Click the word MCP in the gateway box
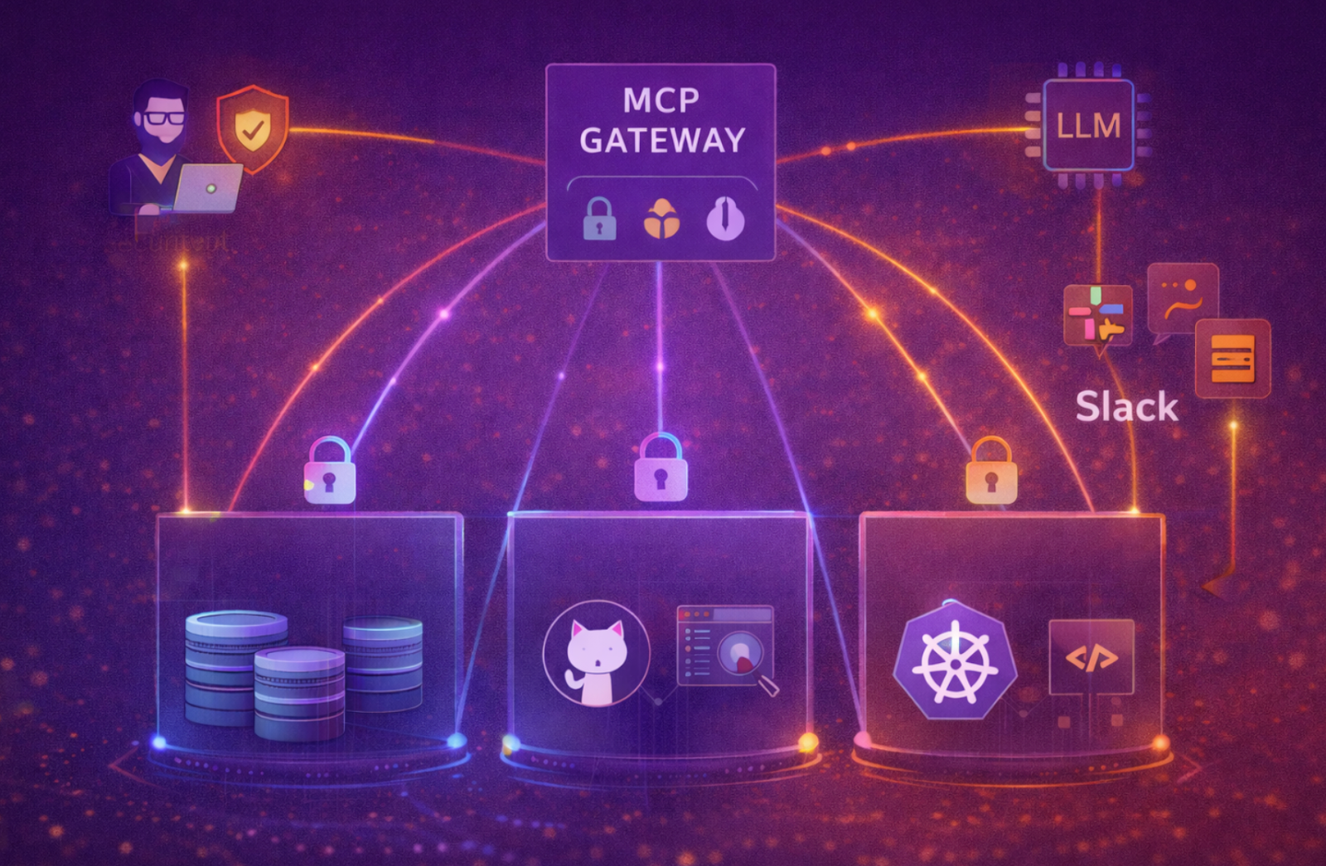click(x=661, y=101)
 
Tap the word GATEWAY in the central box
click(x=662, y=141)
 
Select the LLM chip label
click(x=1088, y=126)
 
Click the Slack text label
click(x=1126, y=407)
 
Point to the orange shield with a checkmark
click(x=253, y=128)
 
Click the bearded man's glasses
click(x=162, y=118)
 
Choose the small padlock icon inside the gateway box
click(x=599, y=220)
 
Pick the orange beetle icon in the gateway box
click(x=661, y=220)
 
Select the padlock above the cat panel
click(x=661, y=468)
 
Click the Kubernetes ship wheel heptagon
click(x=955, y=661)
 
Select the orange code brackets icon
click(x=1091, y=658)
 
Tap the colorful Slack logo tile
click(x=1097, y=315)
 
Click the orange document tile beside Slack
click(x=1232, y=358)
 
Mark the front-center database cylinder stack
click(x=299, y=694)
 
